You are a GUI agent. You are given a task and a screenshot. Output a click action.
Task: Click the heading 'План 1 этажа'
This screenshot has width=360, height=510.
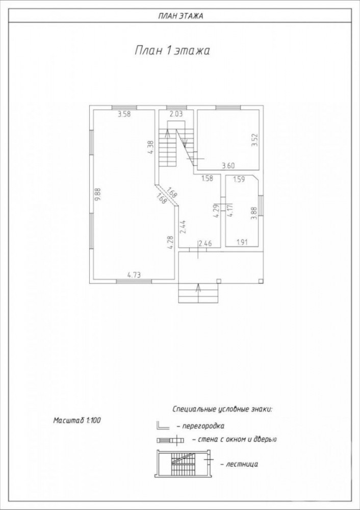click(172, 50)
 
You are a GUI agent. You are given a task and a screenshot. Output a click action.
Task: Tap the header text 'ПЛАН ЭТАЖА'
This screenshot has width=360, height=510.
click(180, 16)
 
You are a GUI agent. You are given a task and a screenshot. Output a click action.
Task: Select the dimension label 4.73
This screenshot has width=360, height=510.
click(134, 275)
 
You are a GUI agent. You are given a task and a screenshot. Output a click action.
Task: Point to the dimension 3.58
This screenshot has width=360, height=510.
click(124, 114)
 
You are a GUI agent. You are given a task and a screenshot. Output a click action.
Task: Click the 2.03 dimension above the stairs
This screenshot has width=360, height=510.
click(176, 114)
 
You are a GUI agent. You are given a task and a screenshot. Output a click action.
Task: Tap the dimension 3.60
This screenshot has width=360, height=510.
click(228, 166)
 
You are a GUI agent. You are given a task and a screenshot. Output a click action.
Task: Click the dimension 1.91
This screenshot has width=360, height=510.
click(242, 242)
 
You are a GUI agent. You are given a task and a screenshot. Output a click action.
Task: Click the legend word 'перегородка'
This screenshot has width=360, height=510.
click(203, 426)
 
